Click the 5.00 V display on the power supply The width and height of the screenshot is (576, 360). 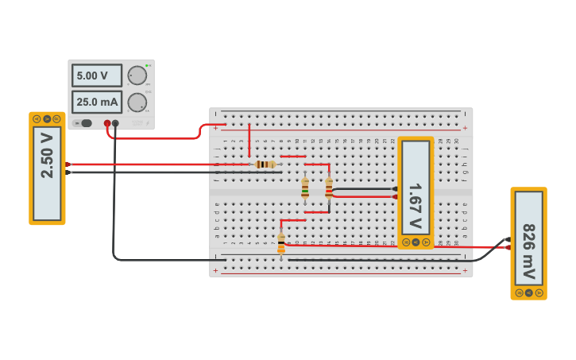pyautogui.click(x=97, y=75)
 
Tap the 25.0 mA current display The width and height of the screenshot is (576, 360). pyautogui.click(x=97, y=102)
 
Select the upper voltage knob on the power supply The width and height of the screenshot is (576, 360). pyautogui.click(x=137, y=75)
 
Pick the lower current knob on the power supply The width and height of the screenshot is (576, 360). pyautogui.click(x=137, y=102)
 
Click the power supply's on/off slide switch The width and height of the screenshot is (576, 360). pyautogui.click(x=84, y=123)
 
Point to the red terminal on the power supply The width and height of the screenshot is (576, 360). pyautogui.click(x=107, y=123)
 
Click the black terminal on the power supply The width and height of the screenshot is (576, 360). pyautogui.click(x=116, y=123)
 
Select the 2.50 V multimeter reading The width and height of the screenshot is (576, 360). pyautogui.click(x=47, y=168)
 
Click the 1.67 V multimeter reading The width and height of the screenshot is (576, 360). pyautogui.click(x=416, y=193)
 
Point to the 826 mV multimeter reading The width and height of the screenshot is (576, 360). pyautogui.click(x=528, y=243)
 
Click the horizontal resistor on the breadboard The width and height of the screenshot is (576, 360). pyautogui.click(x=265, y=165)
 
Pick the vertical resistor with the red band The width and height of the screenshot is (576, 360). pyautogui.click(x=329, y=188)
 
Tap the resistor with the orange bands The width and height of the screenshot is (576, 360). pyautogui.click(x=281, y=242)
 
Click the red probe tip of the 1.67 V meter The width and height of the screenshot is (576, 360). pyautogui.click(x=395, y=196)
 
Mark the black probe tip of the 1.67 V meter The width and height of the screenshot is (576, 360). pyautogui.click(x=395, y=188)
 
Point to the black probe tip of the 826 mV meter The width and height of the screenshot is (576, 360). pyautogui.click(x=508, y=238)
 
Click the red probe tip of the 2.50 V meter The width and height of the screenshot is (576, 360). pyautogui.click(x=68, y=165)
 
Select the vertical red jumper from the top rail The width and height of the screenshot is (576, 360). pyautogui.click(x=249, y=141)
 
